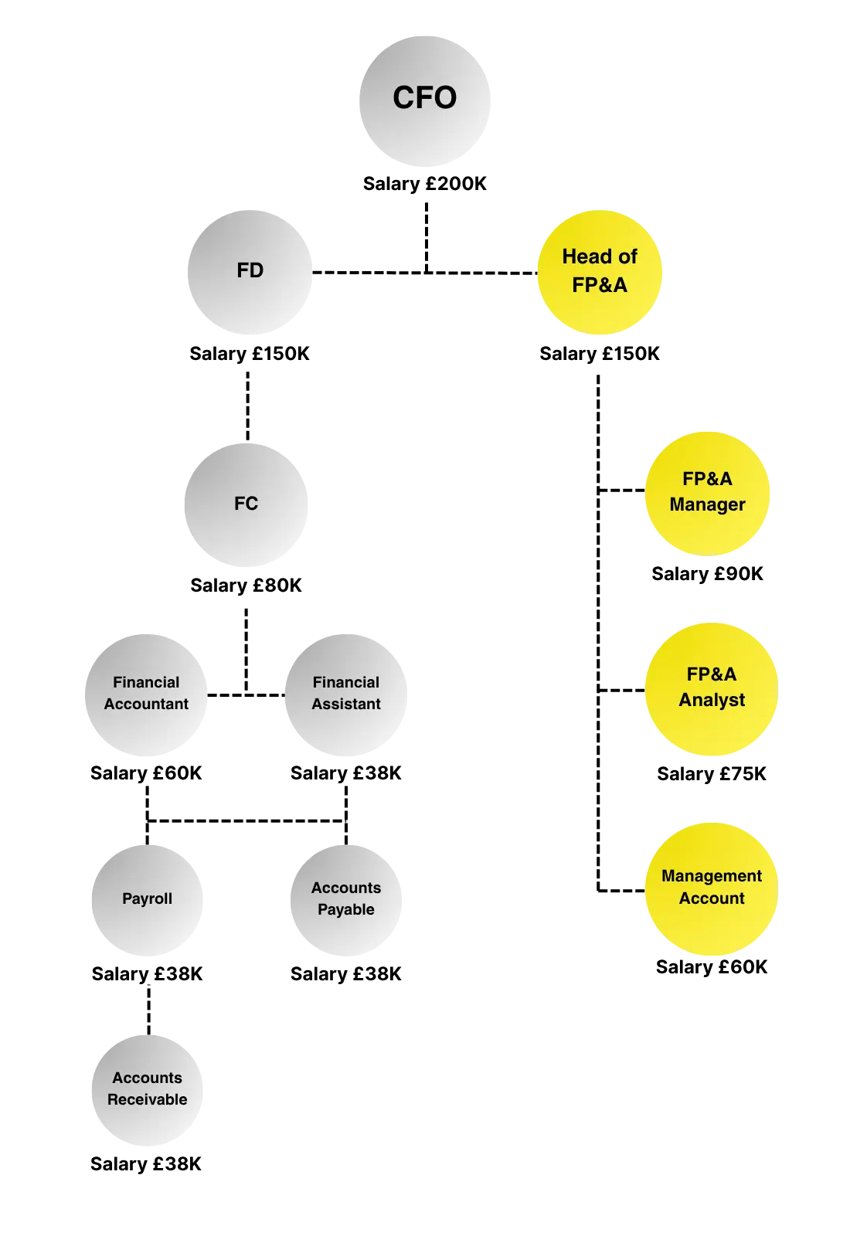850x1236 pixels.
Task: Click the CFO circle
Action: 426,99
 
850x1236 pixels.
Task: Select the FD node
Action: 250,273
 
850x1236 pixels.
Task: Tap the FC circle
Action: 246,504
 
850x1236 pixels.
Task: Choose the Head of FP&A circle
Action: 600,273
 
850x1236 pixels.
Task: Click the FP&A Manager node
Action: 707,493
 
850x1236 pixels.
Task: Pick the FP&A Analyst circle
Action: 711,688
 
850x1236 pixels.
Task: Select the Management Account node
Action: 711,888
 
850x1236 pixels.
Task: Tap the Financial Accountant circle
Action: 145,694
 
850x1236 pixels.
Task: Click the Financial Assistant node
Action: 345,694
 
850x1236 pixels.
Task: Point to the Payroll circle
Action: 146,899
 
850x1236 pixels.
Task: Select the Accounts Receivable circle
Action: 146,1090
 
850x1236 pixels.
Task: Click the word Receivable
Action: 147,1099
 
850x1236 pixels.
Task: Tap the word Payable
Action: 345,909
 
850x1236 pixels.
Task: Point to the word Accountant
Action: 146,704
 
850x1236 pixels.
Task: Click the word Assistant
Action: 346,704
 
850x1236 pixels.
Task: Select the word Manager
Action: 707,504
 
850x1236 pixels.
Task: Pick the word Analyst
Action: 712,700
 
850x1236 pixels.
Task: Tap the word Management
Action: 711,876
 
